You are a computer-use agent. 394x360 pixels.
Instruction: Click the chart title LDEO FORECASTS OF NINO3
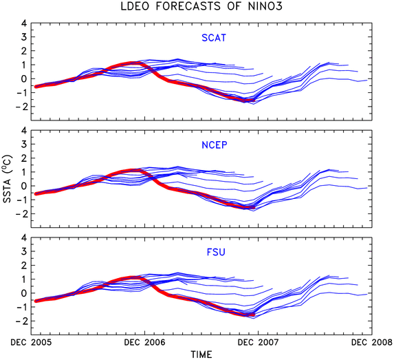pos(201,6)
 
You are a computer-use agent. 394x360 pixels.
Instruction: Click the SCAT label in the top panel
pos(214,38)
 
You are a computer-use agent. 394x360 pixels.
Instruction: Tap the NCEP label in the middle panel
pos(215,145)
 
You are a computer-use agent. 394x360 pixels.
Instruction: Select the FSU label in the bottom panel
pos(216,252)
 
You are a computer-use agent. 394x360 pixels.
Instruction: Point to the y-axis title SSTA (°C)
pos(8,178)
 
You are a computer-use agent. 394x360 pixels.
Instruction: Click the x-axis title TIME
pos(201,354)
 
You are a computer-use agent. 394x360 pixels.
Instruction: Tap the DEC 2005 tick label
pos(31,342)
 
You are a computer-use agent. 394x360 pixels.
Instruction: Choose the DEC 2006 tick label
pos(144,342)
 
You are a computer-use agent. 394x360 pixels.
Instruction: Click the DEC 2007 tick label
pos(259,342)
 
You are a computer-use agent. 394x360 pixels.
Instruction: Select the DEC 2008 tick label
pos(372,342)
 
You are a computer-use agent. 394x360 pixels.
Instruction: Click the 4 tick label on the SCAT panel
pos(24,23)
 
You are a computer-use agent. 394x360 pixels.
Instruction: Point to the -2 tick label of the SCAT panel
pos(21,107)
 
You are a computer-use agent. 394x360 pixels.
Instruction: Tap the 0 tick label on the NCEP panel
pos(24,186)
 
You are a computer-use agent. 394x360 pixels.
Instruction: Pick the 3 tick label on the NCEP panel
pos(24,144)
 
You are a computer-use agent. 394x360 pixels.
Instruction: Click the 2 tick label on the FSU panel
pos(24,265)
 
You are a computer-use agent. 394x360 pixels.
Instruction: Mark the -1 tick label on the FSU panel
pos(21,307)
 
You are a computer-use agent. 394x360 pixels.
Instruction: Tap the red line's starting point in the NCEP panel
pos(36,193)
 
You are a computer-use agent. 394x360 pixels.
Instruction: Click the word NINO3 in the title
pos(265,6)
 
